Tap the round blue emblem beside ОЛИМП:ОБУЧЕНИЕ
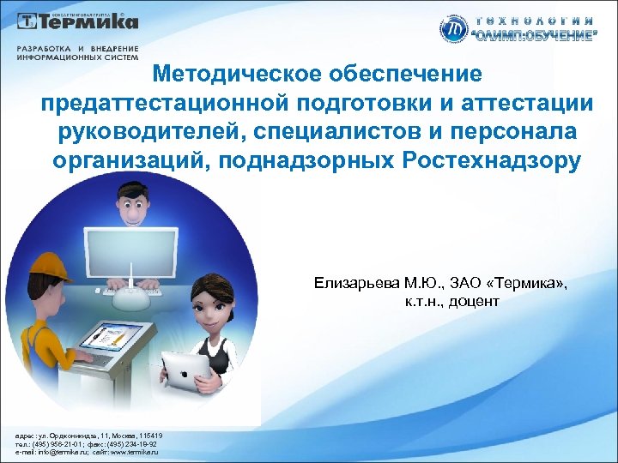click(453, 28)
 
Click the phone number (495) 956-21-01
click(51, 443)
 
